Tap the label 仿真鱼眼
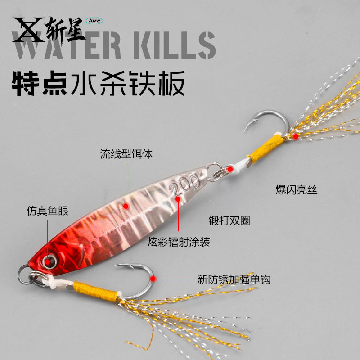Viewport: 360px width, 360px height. tap(47, 211)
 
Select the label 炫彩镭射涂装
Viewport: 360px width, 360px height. tap(179, 242)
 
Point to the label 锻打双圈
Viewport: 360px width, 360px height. tap(229, 221)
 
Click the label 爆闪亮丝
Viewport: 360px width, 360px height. tap(297, 190)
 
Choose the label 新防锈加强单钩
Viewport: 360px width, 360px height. tap(234, 279)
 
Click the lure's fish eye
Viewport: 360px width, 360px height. tap(48, 260)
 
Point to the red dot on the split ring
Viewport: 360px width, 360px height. tap(230, 169)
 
